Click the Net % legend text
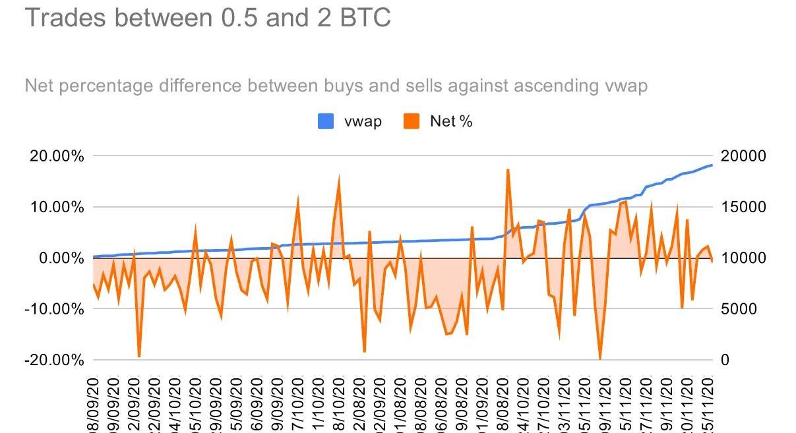[451, 121]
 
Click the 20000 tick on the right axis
[743, 156]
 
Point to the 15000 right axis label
[743, 207]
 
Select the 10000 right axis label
[743, 258]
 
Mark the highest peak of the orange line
[508, 170]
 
